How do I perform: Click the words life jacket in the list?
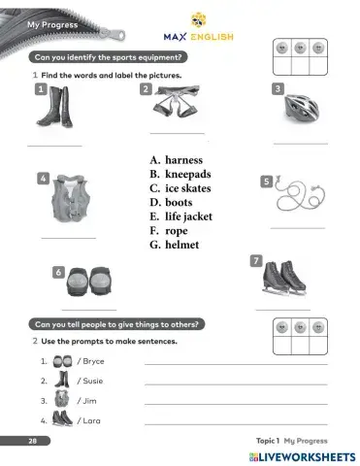188,216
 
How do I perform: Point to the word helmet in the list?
181,246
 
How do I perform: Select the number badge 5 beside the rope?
266,181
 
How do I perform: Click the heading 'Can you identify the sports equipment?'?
109,57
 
